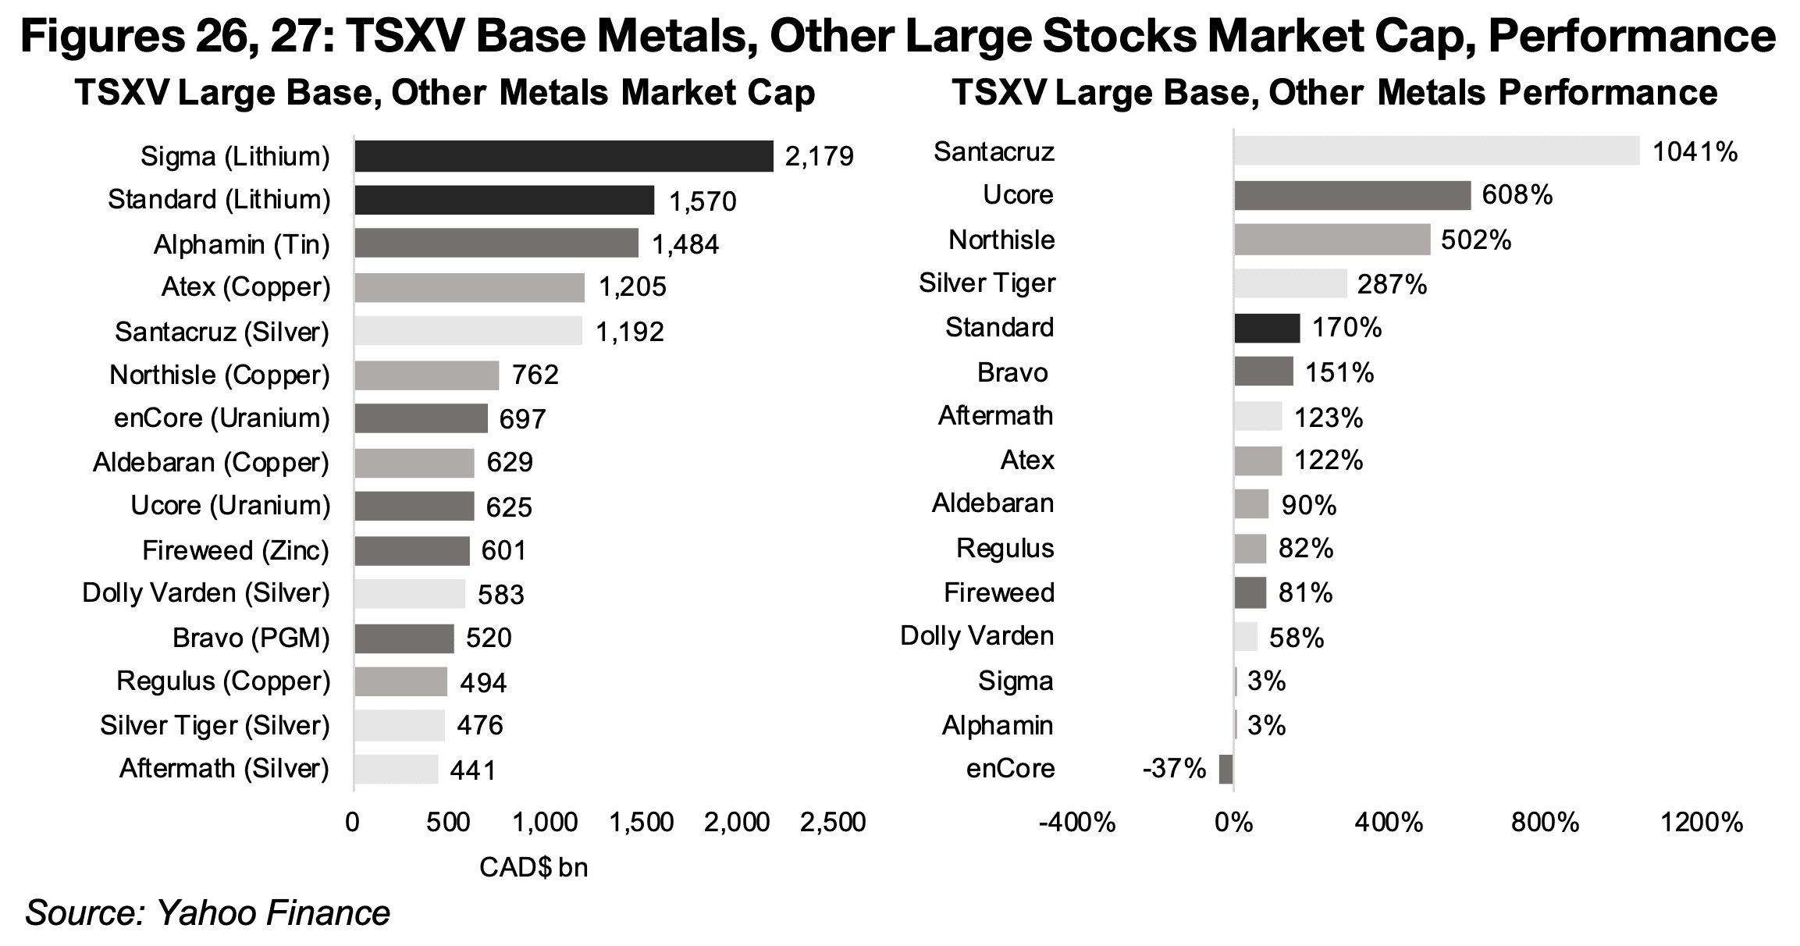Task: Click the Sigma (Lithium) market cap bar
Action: point(563,156)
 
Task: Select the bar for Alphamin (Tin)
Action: point(496,244)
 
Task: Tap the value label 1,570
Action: point(703,202)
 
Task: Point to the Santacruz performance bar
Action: point(1436,151)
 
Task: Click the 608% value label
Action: point(1517,195)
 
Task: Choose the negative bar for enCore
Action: point(1225,769)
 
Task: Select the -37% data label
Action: point(1173,769)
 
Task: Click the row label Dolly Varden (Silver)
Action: point(206,593)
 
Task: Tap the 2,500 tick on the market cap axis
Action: point(832,823)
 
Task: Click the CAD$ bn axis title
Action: point(533,867)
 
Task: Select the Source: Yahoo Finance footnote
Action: point(208,913)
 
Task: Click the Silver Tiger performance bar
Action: point(1290,283)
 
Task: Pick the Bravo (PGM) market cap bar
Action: point(404,638)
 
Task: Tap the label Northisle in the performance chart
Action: point(1001,240)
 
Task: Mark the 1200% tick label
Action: point(1702,823)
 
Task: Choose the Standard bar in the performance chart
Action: point(1267,328)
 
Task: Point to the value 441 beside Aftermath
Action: point(473,771)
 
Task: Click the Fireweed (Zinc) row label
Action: point(236,551)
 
